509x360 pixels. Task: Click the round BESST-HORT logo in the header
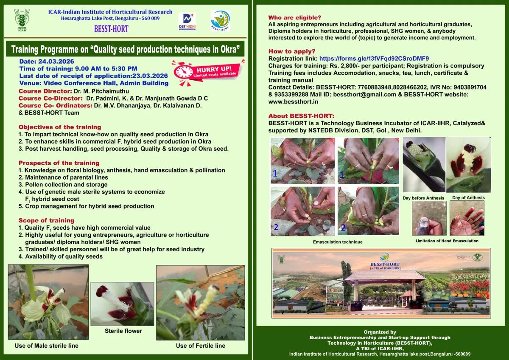point(220,20)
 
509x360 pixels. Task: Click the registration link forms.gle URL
point(374,59)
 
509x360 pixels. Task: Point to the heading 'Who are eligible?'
point(295,17)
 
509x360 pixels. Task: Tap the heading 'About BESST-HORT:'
point(301,116)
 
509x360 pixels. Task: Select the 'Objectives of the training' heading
point(60,127)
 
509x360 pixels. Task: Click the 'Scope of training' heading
point(46,220)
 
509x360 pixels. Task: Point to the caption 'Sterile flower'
point(123,331)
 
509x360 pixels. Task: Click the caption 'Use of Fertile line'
point(201,346)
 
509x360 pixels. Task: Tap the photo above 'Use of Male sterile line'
point(48,301)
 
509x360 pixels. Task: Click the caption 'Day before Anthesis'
point(423,198)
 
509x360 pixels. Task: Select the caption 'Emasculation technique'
point(338,242)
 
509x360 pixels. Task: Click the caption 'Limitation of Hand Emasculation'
point(447,241)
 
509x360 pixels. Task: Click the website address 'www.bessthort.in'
point(293,102)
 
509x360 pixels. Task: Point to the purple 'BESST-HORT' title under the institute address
point(111,29)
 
